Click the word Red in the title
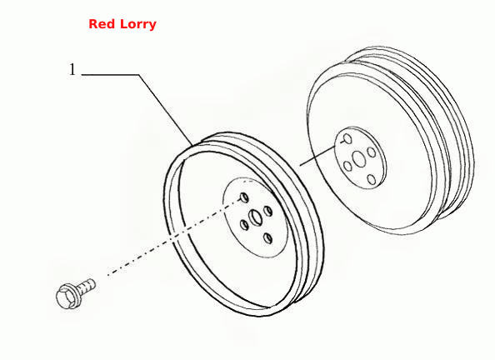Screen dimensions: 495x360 [x=99, y=24]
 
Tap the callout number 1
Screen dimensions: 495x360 [x=72, y=69]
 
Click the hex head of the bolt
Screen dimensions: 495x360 [x=65, y=296]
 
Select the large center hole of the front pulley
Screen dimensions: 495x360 [x=255, y=217]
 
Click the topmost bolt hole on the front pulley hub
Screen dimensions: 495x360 [x=244, y=197]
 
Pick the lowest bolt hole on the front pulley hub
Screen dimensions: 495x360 [x=267, y=238]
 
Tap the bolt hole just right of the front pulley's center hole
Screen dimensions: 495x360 [x=267, y=212]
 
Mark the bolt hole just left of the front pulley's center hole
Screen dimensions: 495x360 [x=244, y=225]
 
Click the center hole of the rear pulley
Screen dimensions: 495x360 [x=359, y=159]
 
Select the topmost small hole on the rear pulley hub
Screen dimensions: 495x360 [x=347, y=139]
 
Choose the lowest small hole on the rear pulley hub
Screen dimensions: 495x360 [x=372, y=180]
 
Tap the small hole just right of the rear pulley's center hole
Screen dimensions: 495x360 [x=372, y=152]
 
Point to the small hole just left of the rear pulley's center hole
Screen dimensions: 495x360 [x=347, y=166]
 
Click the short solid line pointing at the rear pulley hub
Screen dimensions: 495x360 [x=317, y=156]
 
